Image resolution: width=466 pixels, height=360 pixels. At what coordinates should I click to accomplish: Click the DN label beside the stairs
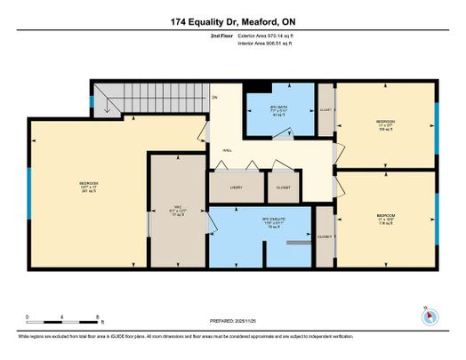pyautogui.click(x=213, y=97)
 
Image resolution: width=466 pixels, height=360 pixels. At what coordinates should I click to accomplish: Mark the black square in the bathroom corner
pyautogui.click(x=257, y=86)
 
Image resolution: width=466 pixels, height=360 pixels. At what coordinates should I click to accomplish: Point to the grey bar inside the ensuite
pyautogui.click(x=301, y=242)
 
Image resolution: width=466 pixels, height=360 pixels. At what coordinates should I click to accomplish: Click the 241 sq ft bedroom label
pyautogui.click(x=89, y=188)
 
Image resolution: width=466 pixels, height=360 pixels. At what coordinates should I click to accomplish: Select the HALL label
pyautogui.click(x=227, y=152)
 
